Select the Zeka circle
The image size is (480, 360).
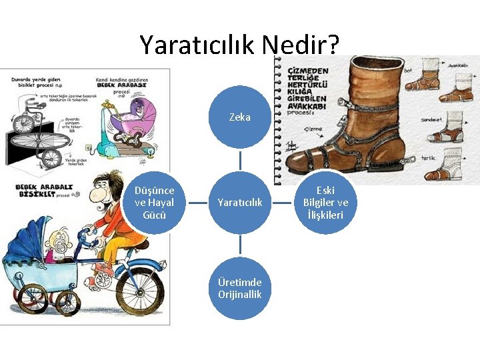pos(240,117)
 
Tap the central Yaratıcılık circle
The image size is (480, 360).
pos(240,202)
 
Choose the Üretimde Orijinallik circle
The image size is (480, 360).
pos(240,288)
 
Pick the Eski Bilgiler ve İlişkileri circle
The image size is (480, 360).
pos(325,202)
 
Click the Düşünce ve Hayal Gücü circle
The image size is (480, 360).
pos(154,202)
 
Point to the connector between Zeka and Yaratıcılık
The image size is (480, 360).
pos(240,159)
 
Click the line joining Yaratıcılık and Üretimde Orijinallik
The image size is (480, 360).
pos(240,245)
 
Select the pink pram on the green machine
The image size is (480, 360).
pos(133,117)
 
